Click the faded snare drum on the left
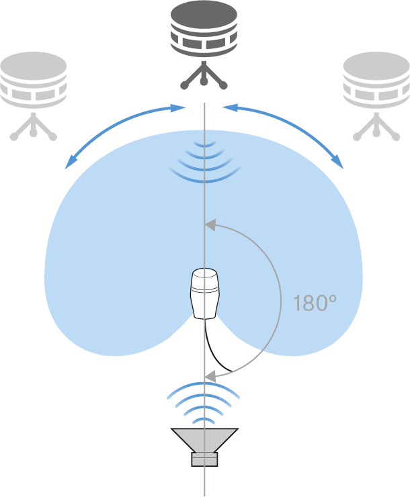pyautogui.click(x=34, y=80)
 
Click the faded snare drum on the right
pyautogui.click(x=376, y=80)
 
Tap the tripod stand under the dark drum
pyautogui.click(x=204, y=75)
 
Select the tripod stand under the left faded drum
pyautogui.click(x=34, y=126)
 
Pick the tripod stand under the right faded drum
pyautogui.click(x=376, y=126)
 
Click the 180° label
pyautogui.click(x=315, y=303)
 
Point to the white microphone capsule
pyautogui.click(x=204, y=293)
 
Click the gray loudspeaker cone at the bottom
pyautogui.click(x=204, y=441)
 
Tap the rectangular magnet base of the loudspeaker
pyautogui.click(x=204, y=459)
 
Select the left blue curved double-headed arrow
pyautogui.click(x=125, y=136)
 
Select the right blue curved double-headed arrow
pyautogui.click(x=283, y=136)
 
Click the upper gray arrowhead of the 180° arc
pyautogui.click(x=210, y=224)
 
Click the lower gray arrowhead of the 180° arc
pyautogui.click(x=210, y=376)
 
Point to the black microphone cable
pyautogui.click(x=218, y=345)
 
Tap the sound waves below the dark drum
pyautogui.click(x=204, y=162)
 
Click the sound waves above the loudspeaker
pyautogui.click(x=203, y=403)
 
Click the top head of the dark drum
pyautogui.click(x=204, y=16)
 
